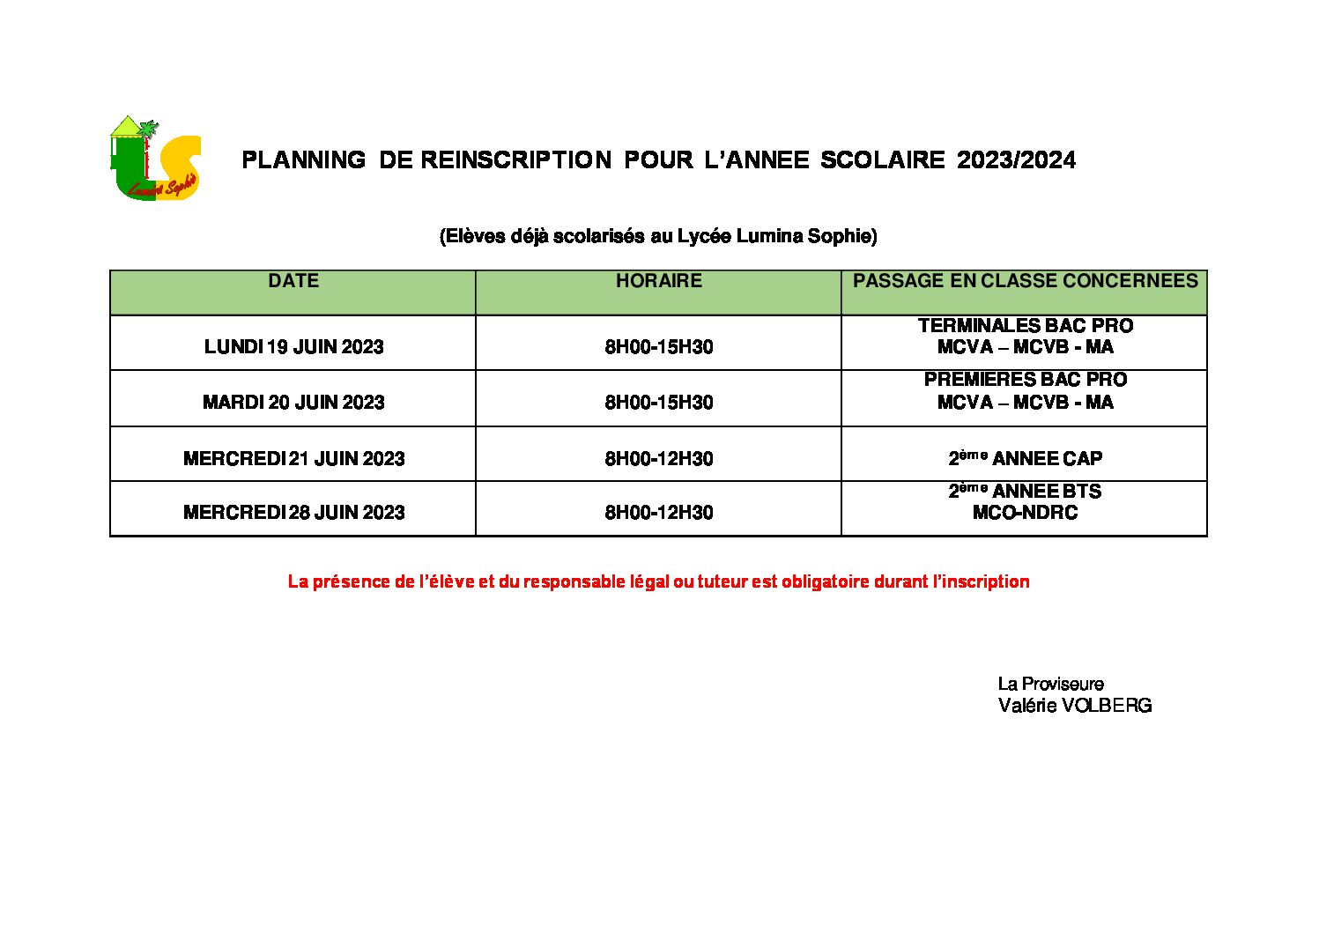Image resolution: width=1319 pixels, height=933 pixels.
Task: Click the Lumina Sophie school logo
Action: (155, 159)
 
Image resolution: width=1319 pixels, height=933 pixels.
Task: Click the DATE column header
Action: (293, 281)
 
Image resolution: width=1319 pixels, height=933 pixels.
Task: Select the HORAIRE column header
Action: (658, 281)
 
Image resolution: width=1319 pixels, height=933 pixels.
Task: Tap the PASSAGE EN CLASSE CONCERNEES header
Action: (1025, 281)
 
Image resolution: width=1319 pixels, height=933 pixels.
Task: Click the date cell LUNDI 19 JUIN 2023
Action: (293, 347)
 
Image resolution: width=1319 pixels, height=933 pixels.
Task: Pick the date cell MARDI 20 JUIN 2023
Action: (293, 403)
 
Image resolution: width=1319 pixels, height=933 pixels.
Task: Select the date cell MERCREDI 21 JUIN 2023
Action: (293, 459)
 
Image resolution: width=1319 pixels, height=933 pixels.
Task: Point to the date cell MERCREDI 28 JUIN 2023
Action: (293, 513)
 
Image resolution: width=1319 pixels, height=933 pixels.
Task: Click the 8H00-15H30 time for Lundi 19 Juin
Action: (658, 347)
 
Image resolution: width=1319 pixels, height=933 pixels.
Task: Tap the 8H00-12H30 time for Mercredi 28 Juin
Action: (658, 513)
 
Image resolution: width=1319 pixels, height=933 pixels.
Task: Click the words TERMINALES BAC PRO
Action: (1025, 326)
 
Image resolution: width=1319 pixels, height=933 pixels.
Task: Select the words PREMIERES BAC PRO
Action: (1025, 380)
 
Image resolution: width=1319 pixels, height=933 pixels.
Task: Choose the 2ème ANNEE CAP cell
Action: (1025, 458)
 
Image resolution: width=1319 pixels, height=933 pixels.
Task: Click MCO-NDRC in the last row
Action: (1025, 513)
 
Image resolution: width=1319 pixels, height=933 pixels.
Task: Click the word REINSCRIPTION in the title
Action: (515, 160)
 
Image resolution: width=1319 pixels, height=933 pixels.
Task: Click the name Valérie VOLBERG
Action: (1074, 706)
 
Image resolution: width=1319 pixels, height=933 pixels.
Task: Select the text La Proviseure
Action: (1050, 684)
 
